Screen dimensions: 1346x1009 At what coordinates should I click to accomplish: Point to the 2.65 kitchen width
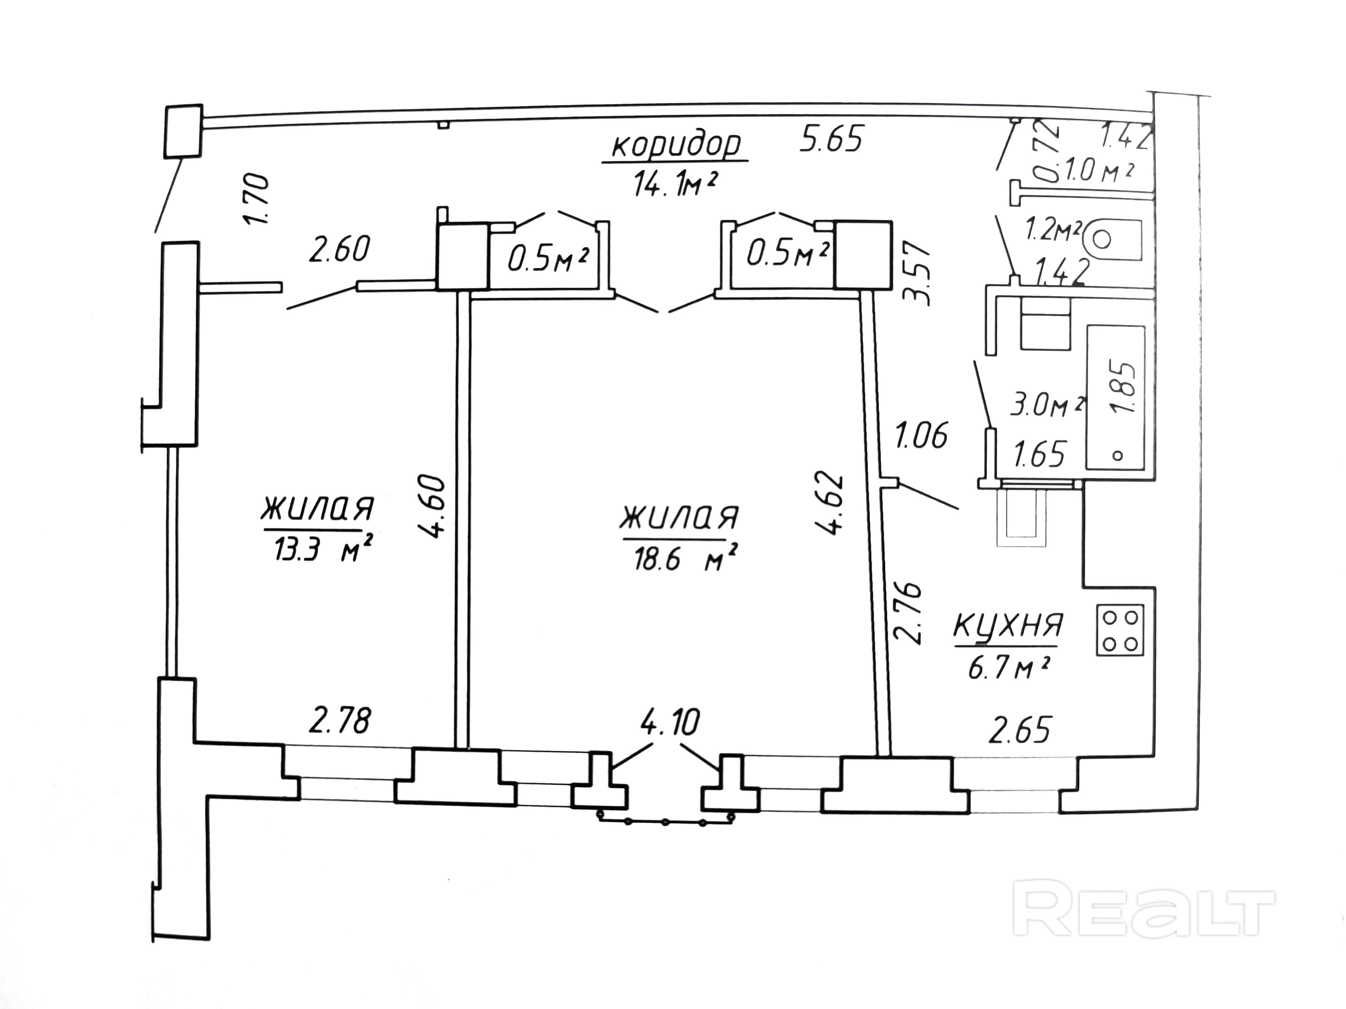click(x=1020, y=730)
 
